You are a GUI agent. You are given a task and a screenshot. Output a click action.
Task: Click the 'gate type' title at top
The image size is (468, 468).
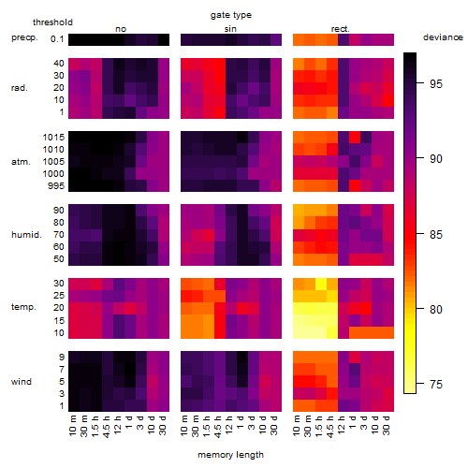(x=231, y=15)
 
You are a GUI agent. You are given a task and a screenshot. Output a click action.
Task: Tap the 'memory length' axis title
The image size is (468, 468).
(x=230, y=455)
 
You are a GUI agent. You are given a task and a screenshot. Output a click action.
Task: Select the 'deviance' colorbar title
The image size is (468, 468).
(x=443, y=37)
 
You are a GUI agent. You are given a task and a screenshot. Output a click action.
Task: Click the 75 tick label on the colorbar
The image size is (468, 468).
(x=436, y=384)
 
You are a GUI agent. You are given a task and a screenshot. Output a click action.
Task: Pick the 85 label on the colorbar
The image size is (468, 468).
(x=436, y=234)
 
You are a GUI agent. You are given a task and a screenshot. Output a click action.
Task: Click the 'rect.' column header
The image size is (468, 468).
(x=341, y=29)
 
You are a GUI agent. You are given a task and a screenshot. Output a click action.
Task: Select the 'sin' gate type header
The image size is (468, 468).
(x=230, y=29)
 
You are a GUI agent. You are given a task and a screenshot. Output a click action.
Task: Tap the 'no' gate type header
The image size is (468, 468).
(x=121, y=29)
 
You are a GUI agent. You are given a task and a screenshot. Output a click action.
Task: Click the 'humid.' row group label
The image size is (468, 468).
(x=26, y=235)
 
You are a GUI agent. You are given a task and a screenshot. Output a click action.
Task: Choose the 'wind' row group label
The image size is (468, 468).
(x=22, y=382)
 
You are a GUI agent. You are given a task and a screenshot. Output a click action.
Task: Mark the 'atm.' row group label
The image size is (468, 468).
(x=21, y=162)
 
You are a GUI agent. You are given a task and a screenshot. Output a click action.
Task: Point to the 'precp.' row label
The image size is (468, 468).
(x=24, y=38)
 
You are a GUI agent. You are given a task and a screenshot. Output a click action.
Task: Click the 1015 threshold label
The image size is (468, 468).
(x=53, y=138)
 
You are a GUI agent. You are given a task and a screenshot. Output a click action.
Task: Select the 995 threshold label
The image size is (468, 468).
(x=56, y=186)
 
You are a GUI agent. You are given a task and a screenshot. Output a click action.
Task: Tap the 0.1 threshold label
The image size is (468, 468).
(x=57, y=39)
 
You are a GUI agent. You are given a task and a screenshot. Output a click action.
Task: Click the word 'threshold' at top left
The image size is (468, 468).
(x=52, y=22)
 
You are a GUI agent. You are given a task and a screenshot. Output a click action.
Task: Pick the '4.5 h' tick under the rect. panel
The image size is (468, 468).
(x=330, y=427)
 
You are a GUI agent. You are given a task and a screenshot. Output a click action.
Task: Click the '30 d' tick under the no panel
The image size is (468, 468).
(x=162, y=425)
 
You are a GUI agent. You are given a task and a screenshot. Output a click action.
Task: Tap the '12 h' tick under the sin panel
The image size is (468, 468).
(x=229, y=425)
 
